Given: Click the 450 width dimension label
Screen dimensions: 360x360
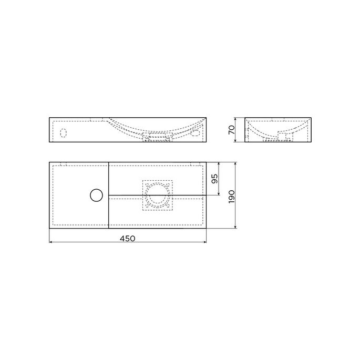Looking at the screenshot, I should click(128, 238).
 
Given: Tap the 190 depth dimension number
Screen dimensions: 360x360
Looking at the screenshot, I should click(232, 196).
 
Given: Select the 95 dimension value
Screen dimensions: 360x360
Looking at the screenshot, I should click(214, 179).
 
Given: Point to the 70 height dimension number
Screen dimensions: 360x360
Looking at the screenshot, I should click(232, 130).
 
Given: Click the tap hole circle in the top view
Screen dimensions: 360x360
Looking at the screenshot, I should click(97, 196).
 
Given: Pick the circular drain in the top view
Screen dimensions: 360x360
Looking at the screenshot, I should click(157, 194).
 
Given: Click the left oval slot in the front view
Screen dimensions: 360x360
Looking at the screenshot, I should click(64, 132).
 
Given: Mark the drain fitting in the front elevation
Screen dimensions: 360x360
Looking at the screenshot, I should click(158, 138).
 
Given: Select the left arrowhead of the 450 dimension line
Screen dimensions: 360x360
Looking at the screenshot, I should click(50, 243).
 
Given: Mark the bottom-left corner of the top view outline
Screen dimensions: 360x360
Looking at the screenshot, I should click(49, 229).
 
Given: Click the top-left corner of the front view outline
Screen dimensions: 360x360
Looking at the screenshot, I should click(49, 118).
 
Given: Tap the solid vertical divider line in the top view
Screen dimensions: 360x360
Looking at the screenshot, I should click(108, 210).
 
